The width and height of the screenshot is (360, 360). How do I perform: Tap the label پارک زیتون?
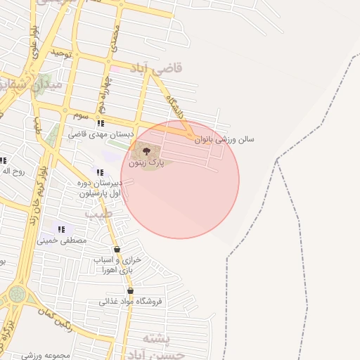[146, 162]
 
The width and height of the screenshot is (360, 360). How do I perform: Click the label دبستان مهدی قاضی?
[97, 134]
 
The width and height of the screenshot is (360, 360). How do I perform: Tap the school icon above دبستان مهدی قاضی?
[101, 123]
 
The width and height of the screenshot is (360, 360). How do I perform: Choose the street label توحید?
[61, 53]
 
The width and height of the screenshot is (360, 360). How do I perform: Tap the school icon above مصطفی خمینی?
[61, 229]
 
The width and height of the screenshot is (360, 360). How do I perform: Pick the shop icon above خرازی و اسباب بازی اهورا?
[117, 249]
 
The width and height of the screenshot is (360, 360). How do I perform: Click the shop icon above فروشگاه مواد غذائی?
[131, 290]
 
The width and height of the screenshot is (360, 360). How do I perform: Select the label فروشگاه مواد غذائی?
[131, 302]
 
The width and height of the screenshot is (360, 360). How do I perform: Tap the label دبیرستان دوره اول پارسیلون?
[99, 188]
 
